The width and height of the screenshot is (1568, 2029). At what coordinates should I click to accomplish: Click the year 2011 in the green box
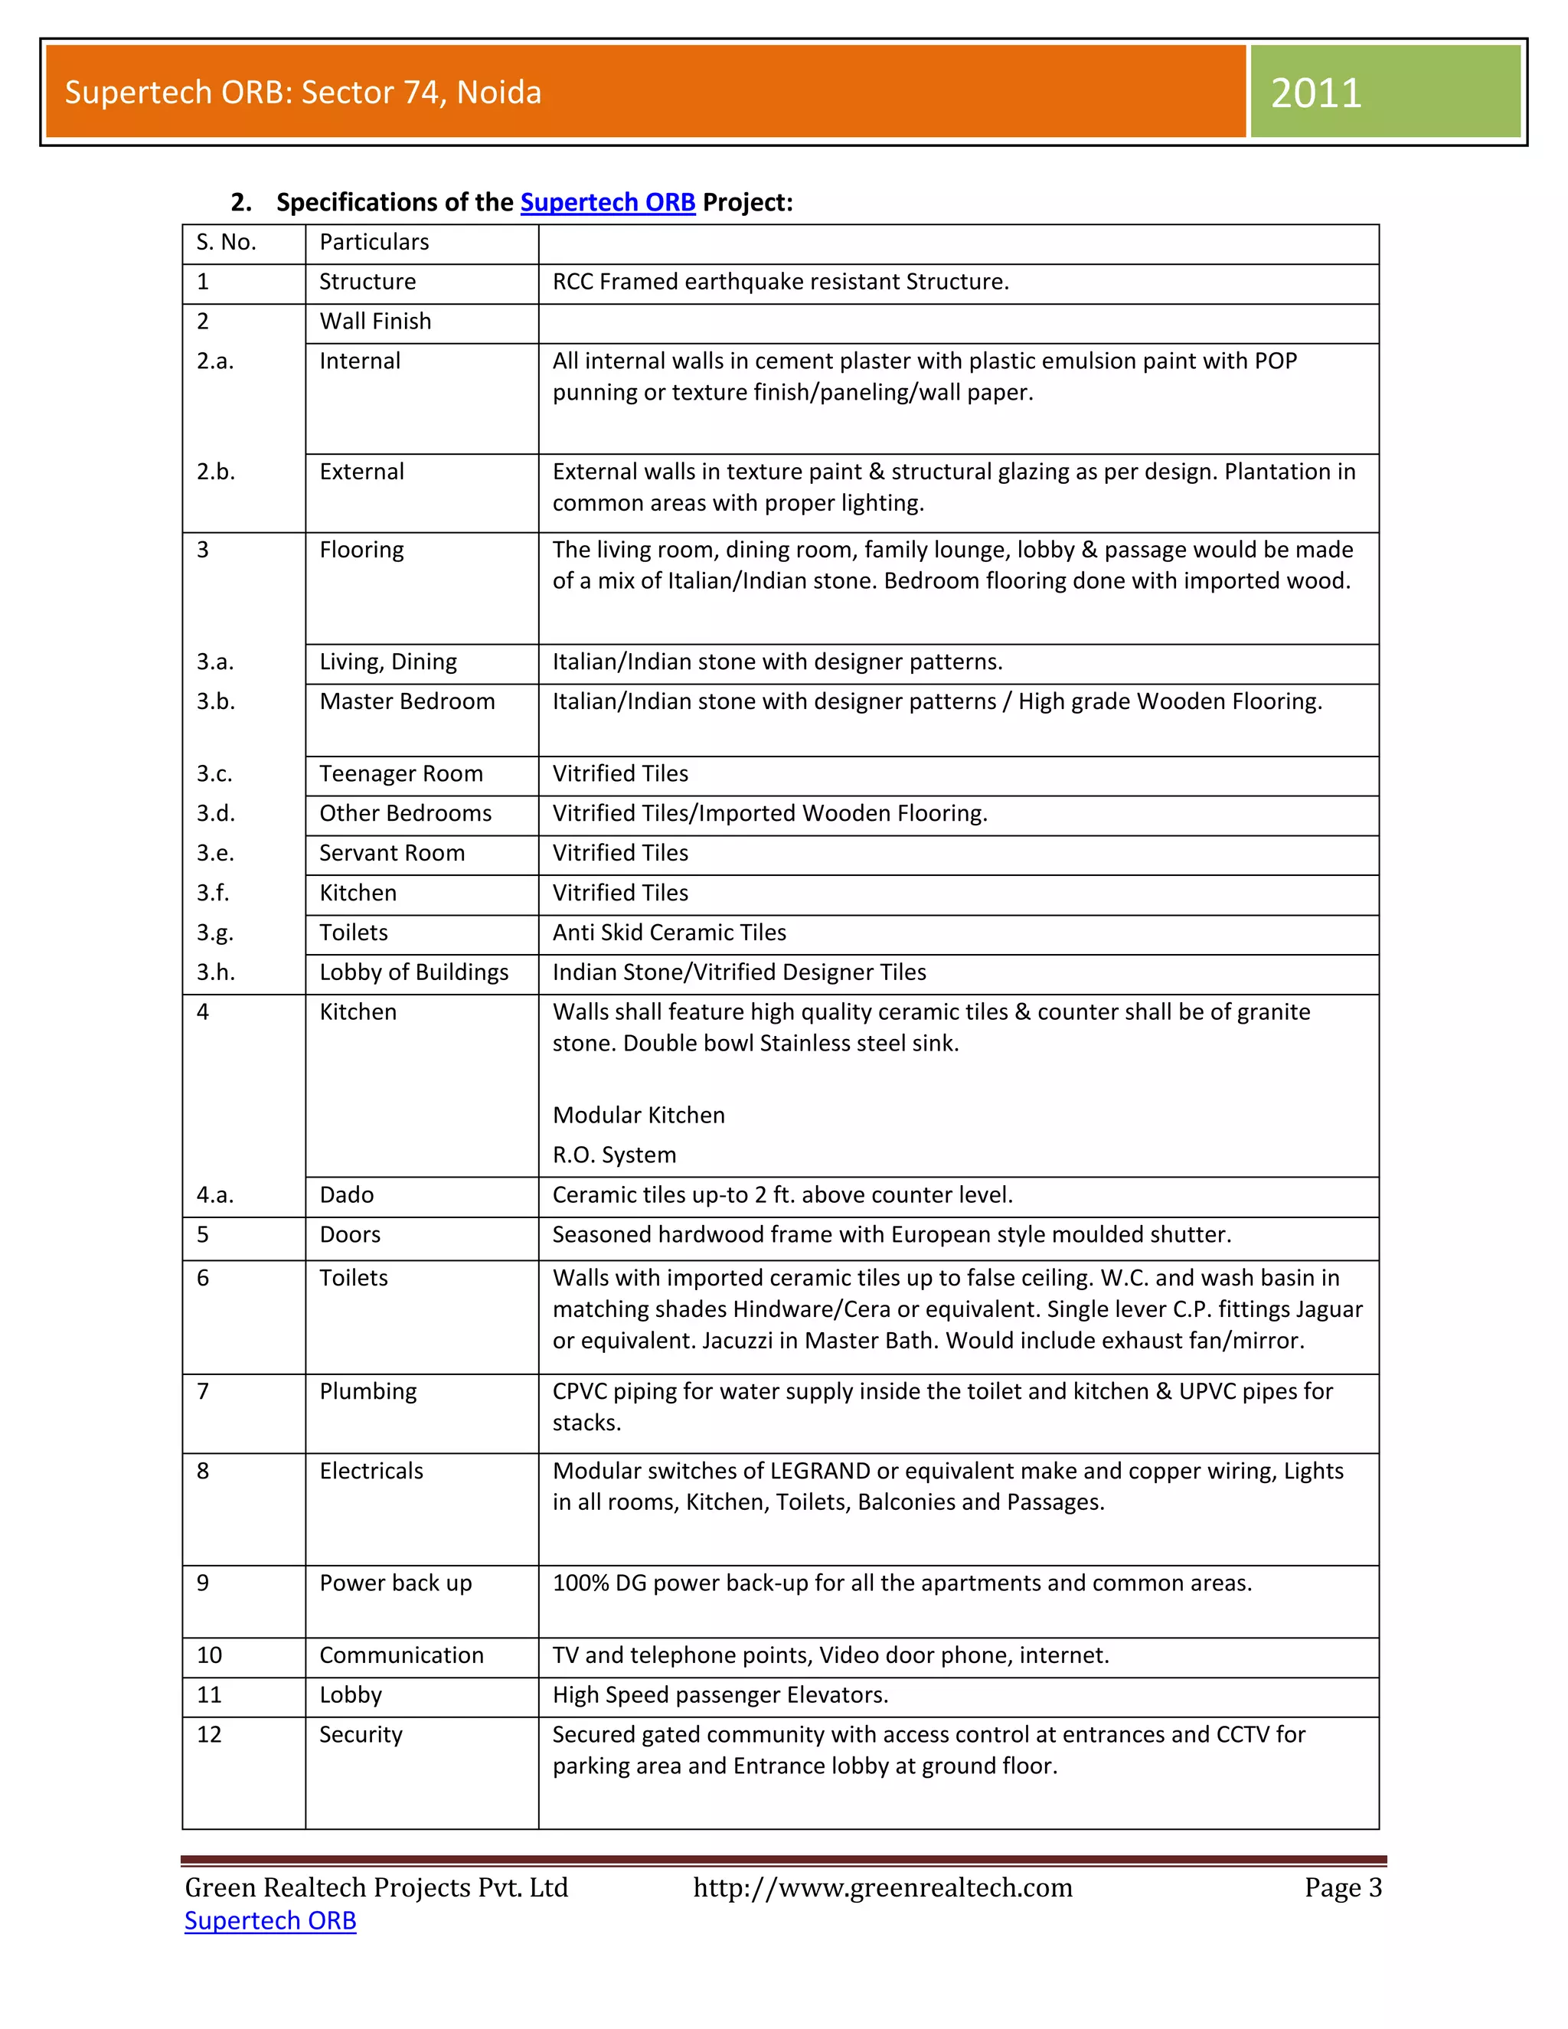pyautogui.click(x=1315, y=93)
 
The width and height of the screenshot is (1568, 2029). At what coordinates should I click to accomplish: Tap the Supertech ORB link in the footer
pyautogui.click(x=270, y=1920)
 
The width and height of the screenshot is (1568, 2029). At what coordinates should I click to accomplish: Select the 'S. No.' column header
pyautogui.click(x=226, y=243)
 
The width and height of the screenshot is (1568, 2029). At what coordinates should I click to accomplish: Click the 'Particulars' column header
pyautogui.click(x=374, y=243)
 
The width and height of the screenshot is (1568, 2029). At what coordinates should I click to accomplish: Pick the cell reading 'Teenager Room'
pyautogui.click(x=401, y=774)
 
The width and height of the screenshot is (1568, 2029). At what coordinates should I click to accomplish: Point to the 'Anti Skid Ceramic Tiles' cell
pyautogui.click(x=669, y=933)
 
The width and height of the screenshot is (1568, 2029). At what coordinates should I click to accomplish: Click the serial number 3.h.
pyautogui.click(x=215, y=972)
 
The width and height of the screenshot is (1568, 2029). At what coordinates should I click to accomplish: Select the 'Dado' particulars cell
pyautogui.click(x=347, y=1196)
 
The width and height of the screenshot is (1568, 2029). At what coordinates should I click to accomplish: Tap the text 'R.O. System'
pyautogui.click(x=614, y=1155)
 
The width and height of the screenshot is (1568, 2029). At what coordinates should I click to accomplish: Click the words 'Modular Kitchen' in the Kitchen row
pyautogui.click(x=639, y=1115)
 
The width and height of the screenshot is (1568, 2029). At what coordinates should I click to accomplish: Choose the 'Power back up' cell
pyautogui.click(x=396, y=1583)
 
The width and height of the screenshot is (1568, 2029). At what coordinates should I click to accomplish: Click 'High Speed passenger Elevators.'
pyautogui.click(x=720, y=1695)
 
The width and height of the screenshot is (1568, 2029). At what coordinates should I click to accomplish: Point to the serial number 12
pyautogui.click(x=209, y=1734)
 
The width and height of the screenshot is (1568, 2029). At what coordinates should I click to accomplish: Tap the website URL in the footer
pyautogui.click(x=883, y=1888)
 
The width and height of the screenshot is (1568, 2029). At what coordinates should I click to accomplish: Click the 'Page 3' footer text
pyautogui.click(x=1342, y=1888)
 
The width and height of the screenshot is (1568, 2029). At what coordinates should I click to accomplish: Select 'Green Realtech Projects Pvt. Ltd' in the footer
pyautogui.click(x=376, y=1888)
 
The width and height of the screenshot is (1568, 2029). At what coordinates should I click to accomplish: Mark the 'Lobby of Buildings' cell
pyautogui.click(x=414, y=972)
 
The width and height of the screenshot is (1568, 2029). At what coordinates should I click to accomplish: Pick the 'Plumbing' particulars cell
pyautogui.click(x=367, y=1392)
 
